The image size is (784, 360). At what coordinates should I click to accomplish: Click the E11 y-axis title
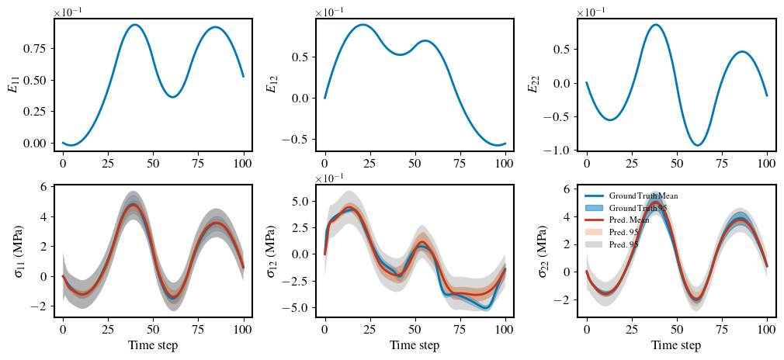(13, 84)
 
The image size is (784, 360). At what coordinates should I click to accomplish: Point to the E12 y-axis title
(272, 84)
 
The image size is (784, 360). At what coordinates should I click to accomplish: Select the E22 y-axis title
(533, 84)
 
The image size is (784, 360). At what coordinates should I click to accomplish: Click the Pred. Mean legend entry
(632, 220)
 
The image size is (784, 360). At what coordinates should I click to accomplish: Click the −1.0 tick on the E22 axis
(557, 151)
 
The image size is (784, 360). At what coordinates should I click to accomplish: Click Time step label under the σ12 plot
(415, 345)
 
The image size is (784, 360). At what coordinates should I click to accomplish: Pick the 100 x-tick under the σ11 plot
(243, 329)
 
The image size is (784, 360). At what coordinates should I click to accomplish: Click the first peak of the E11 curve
(135, 25)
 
